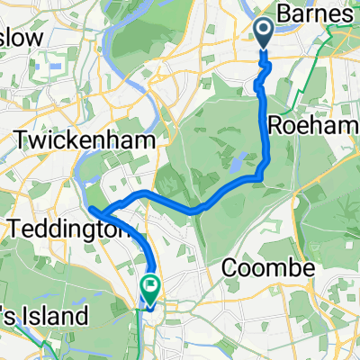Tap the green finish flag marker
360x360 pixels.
pyautogui.click(x=149, y=289)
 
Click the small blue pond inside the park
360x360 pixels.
pyautogui.click(x=235, y=165)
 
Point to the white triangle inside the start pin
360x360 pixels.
pyautogui.click(x=264, y=31)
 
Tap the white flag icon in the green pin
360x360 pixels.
pyautogui.click(x=149, y=288)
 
